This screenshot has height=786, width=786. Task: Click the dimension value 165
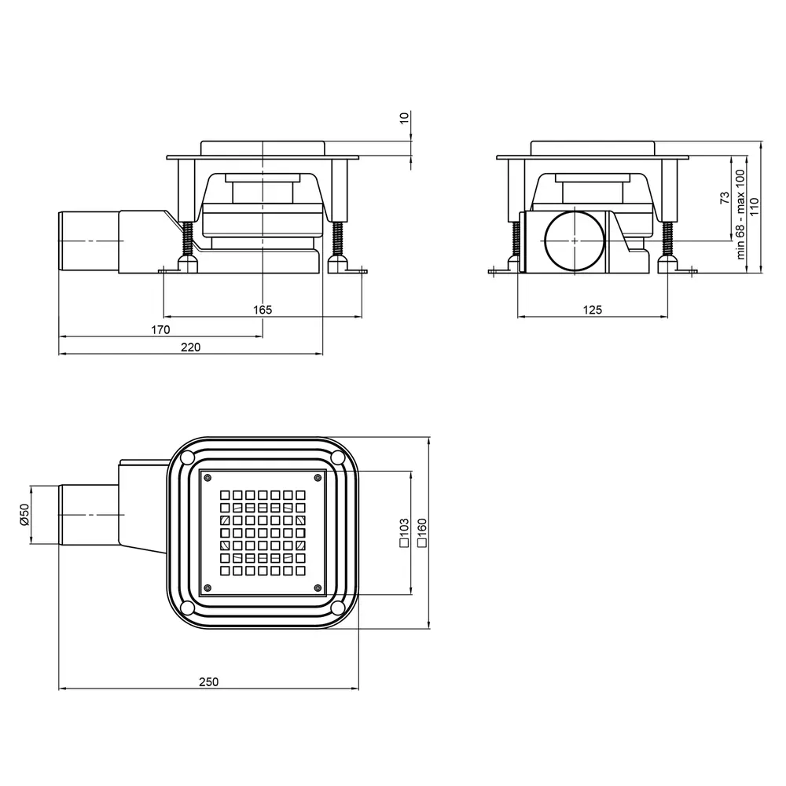(263, 310)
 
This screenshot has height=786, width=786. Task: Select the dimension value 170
(160, 330)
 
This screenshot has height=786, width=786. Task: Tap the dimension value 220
(190, 347)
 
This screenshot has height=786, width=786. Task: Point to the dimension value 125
(592, 310)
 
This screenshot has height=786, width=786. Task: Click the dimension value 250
(208, 681)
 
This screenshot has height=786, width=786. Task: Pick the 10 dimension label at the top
(405, 118)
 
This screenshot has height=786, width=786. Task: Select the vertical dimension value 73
(725, 197)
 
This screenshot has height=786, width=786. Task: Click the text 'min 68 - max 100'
(740, 214)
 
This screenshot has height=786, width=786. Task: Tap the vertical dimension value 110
(755, 207)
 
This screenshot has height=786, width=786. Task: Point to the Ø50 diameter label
(24, 514)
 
